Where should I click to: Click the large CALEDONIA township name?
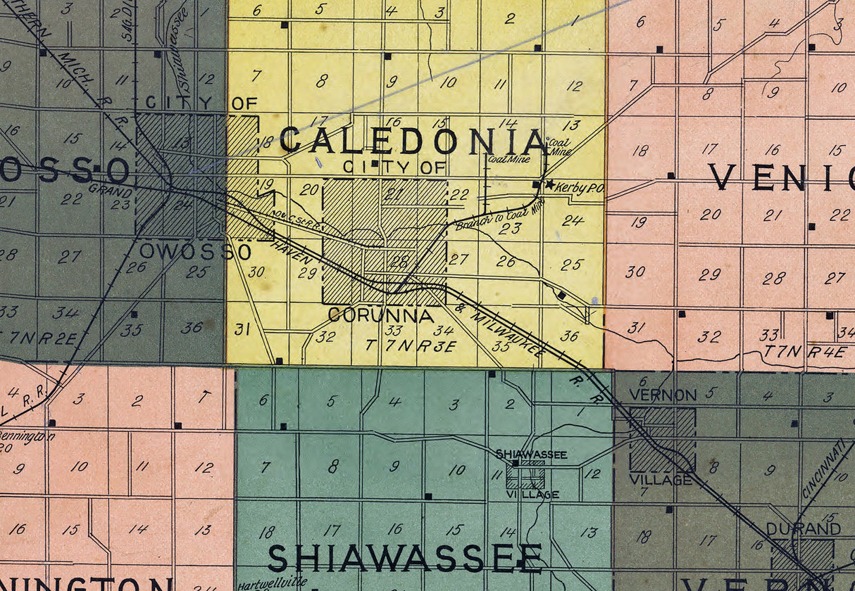pyautogui.click(x=414, y=141)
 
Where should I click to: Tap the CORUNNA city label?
pyautogui.click(x=381, y=316)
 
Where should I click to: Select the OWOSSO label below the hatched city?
pyautogui.click(x=195, y=251)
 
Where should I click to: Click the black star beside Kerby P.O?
pyautogui.click(x=549, y=184)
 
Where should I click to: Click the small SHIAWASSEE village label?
pyautogui.click(x=532, y=455)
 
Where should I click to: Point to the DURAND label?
pyautogui.click(x=794, y=528)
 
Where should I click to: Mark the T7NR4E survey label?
pyautogui.click(x=805, y=352)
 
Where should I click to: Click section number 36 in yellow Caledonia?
pyautogui.click(x=569, y=336)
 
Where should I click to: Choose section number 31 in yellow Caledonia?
pyautogui.click(x=242, y=329)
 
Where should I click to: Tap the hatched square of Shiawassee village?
pyautogui.click(x=526, y=478)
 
